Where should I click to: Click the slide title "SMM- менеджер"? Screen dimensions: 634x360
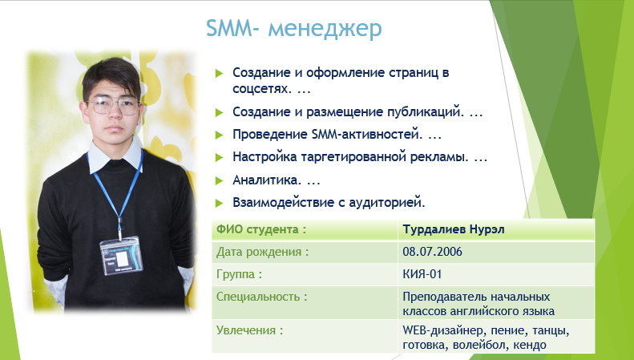pyautogui.click(x=294, y=29)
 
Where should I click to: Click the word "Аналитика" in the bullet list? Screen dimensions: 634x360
pyautogui.click(x=265, y=180)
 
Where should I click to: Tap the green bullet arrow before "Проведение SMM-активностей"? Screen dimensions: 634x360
pyautogui.click(x=220, y=136)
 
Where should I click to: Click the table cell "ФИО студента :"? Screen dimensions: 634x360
pyautogui.click(x=261, y=229)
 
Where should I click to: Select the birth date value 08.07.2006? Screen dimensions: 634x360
pyautogui.click(x=432, y=252)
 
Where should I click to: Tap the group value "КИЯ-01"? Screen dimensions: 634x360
pyautogui.click(x=422, y=274)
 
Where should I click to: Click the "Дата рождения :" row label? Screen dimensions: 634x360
pyautogui.click(x=262, y=252)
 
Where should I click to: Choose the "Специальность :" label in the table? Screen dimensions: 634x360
pyautogui.click(x=261, y=297)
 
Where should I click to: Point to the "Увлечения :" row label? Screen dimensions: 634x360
pyautogui.click(x=249, y=330)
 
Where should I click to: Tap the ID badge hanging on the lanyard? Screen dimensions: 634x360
pyautogui.click(x=121, y=256)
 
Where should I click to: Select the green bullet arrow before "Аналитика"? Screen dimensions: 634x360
pyautogui.click(x=220, y=180)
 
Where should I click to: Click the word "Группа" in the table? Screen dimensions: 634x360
pyautogui.click(x=236, y=275)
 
